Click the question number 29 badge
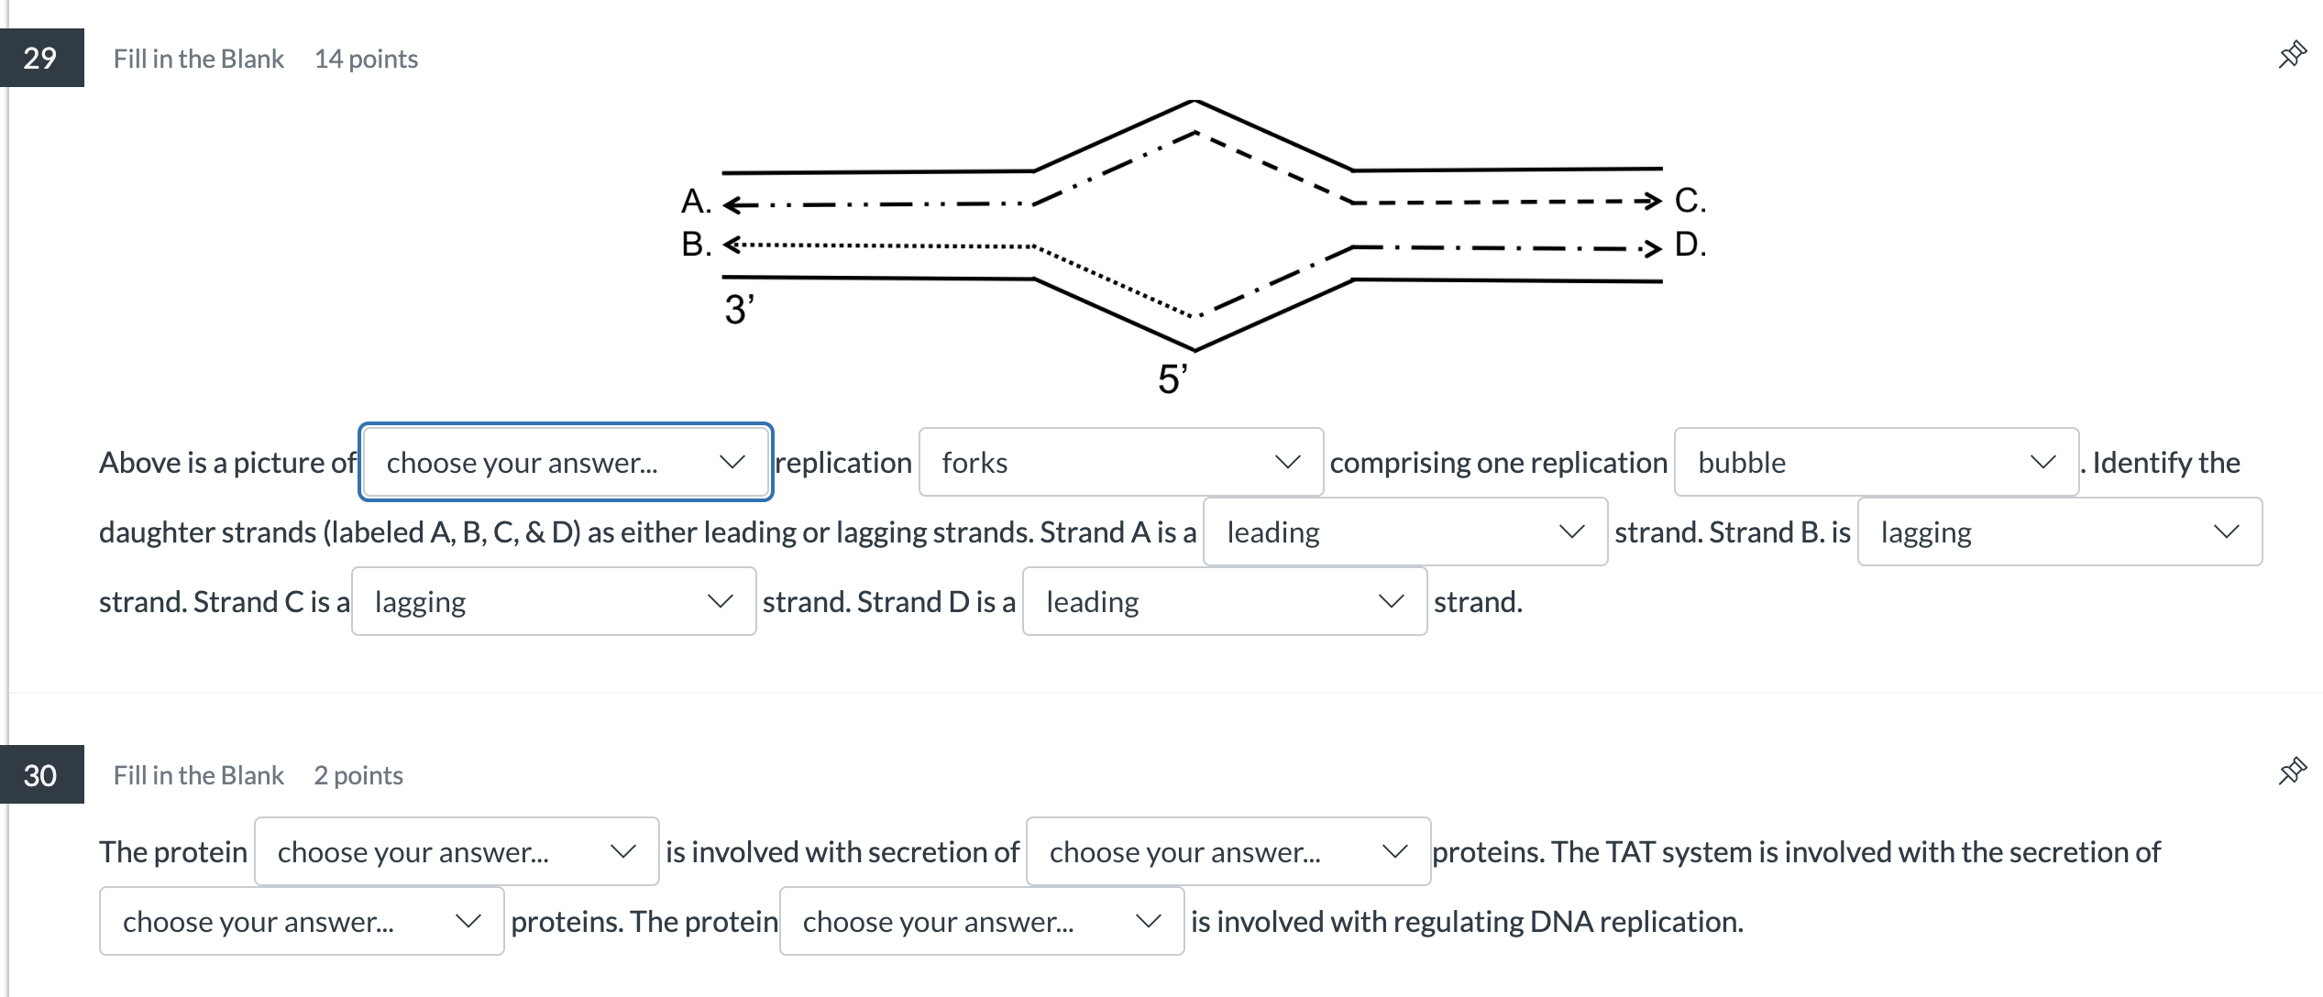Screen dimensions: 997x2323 (41, 58)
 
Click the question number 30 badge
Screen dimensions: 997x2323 (41, 775)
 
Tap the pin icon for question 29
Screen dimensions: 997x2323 (2292, 55)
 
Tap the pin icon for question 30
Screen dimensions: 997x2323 (2292, 771)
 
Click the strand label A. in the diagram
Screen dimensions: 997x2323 (696, 202)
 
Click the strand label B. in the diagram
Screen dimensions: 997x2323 (696, 245)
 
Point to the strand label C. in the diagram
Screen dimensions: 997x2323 (1690, 200)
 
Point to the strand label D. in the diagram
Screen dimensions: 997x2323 (1690, 245)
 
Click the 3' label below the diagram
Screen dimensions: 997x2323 (739, 310)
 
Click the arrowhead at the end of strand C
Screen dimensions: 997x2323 (1652, 201)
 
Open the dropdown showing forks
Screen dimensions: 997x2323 (1120, 463)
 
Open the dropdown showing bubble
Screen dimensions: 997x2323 (1876, 463)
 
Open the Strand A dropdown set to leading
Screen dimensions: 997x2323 (1404, 532)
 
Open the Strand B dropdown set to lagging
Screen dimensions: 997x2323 (2059, 532)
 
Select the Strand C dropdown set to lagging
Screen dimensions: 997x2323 (553, 602)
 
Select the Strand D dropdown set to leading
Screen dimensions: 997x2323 (1224, 602)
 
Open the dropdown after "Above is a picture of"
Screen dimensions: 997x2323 (566, 463)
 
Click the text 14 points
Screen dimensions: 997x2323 (366, 59)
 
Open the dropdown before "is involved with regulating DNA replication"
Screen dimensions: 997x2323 (981, 921)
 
